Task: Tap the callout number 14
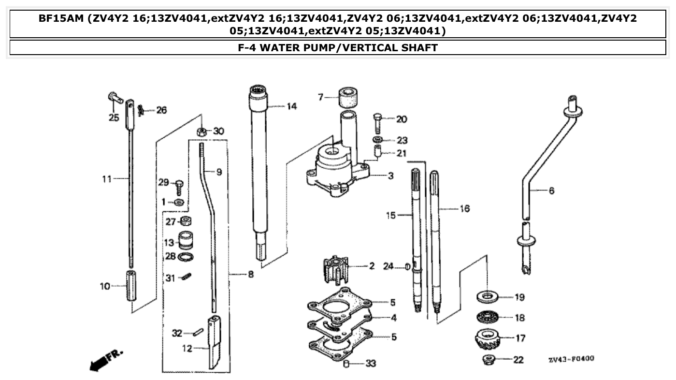click(x=291, y=106)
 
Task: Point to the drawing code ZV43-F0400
click(x=571, y=359)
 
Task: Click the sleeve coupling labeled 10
click(x=131, y=286)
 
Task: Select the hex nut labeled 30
click(x=202, y=131)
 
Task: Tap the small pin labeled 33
click(x=346, y=364)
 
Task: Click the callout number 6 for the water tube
click(x=551, y=190)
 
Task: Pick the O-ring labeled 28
click(x=186, y=257)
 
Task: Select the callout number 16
click(x=464, y=209)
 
